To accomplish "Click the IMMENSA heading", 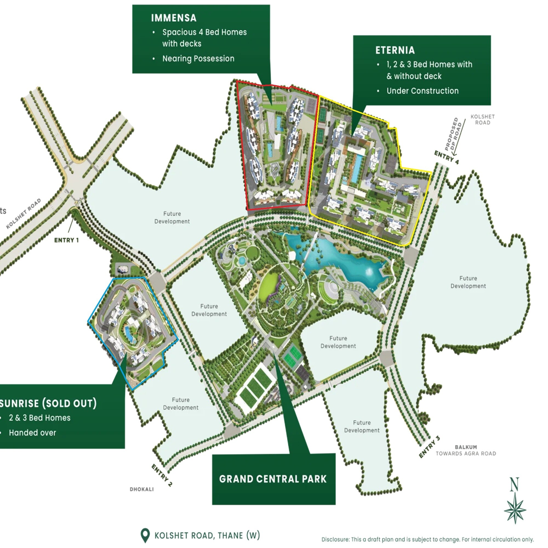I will click(x=174, y=18).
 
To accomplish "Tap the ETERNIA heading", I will click(x=395, y=50).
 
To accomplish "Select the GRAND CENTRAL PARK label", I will click(x=273, y=479).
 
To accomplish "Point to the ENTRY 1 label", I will click(x=66, y=240).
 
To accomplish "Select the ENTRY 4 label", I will click(x=446, y=158).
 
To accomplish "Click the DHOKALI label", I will click(x=142, y=489).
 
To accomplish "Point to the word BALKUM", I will click(x=466, y=447).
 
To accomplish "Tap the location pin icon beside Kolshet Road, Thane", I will click(x=145, y=535).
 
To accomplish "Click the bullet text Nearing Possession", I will click(x=198, y=59).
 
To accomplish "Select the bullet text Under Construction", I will click(x=422, y=91).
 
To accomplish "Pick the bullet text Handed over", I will click(x=32, y=433).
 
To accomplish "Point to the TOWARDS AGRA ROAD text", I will click(x=466, y=453).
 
